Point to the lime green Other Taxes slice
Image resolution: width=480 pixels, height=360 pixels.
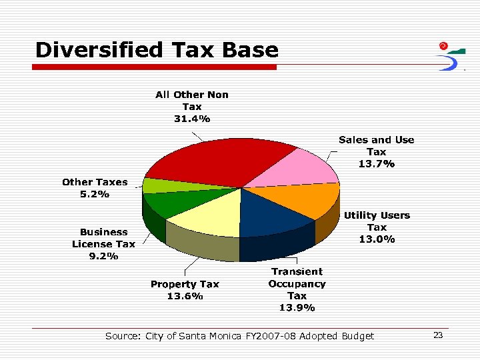(x=156, y=185)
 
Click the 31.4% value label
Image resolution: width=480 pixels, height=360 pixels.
(x=192, y=119)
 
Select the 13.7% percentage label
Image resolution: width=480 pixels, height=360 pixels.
(x=376, y=163)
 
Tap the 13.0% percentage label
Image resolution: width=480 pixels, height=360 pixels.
(x=377, y=239)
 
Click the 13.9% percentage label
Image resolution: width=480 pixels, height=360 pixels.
(x=297, y=307)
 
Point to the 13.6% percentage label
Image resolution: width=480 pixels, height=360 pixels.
(x=185, y=296)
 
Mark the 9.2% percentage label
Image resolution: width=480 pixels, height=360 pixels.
(x=103, y=256)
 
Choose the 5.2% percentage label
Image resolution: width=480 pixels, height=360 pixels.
(x=95, y=194)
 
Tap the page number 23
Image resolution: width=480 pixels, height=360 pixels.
(x=438, y=335)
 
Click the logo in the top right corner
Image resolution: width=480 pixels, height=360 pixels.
(x=451, y=56)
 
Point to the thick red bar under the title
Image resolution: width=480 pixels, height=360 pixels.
(x=155, y=67)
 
